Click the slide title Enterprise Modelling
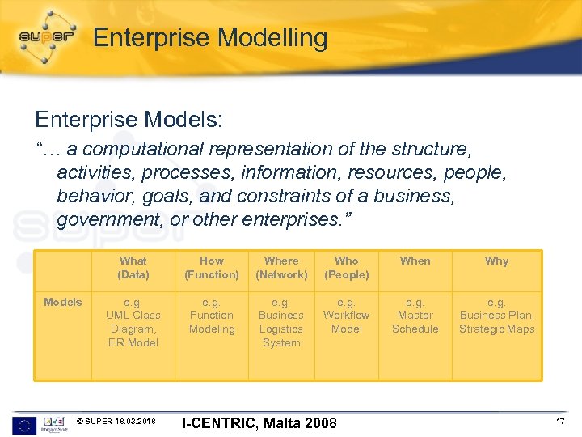[210, 38]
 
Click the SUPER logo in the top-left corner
[46, 37]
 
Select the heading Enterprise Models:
[129, 120]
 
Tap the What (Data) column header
[133, 268]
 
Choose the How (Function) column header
[212, 268]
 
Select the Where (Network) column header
[281, 268]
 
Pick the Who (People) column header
[347, 268]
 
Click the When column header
[415, 261]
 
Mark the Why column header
[496, 261]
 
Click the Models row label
[63, 302]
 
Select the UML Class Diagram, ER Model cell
[133, 322]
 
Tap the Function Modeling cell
[212, 316]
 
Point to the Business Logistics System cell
[281, 322]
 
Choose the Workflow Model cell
[347, 316]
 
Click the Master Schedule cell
[415, 316]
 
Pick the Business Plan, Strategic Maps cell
[496, 316]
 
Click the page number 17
[559, 422]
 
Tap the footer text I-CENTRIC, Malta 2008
[259, 422]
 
